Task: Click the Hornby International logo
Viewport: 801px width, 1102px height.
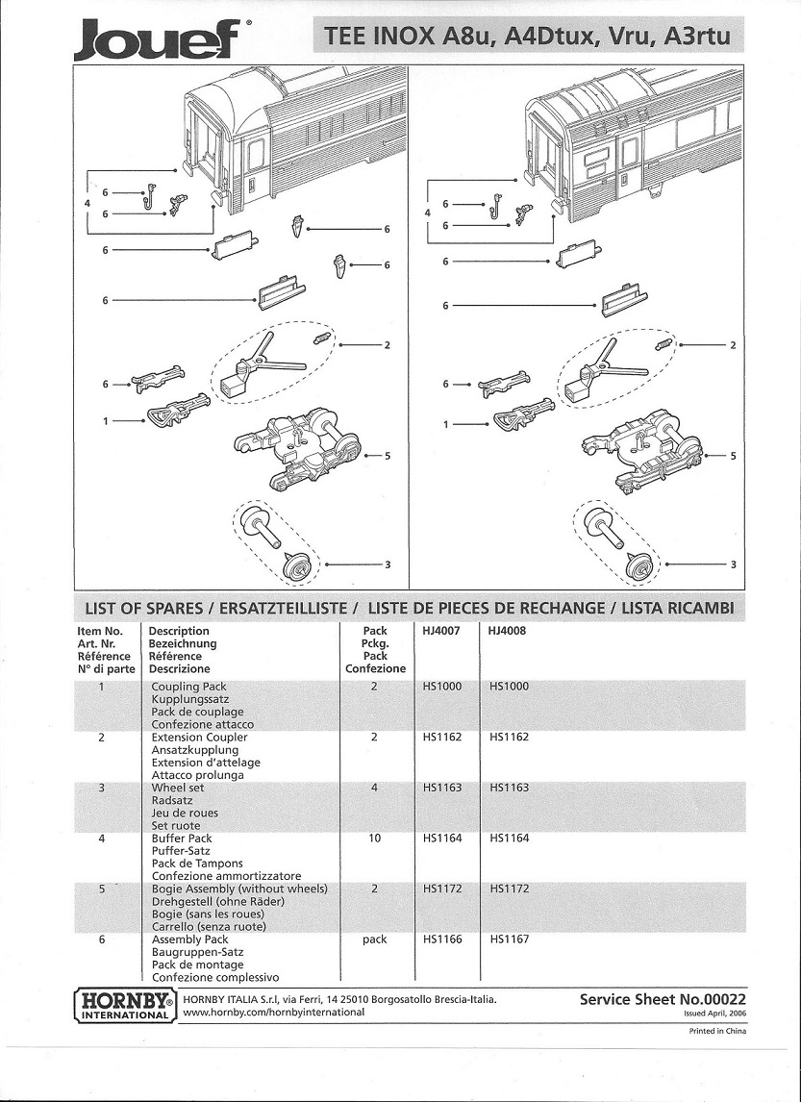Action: pos(124,1004)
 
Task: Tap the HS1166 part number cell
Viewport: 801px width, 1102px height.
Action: pos(441,939)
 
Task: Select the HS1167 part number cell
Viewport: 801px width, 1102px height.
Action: pos(509,939)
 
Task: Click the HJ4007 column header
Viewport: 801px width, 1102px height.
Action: pos(441,632)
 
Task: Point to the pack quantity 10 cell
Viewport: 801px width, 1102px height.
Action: pos(375,839)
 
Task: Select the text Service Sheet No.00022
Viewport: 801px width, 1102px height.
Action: pos(663,999)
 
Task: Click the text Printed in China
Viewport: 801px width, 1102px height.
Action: pos(717,1031)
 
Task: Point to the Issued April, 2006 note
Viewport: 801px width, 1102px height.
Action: pos(713,1014)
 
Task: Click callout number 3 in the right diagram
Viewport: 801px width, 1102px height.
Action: pos(733,564)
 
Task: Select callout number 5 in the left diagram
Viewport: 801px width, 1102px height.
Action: pos(387,456)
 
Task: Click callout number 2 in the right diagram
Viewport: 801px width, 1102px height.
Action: pos(733,345)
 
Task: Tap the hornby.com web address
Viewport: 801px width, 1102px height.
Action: pos(273,1012)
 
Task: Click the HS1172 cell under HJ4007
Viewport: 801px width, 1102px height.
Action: pos(441,889)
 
